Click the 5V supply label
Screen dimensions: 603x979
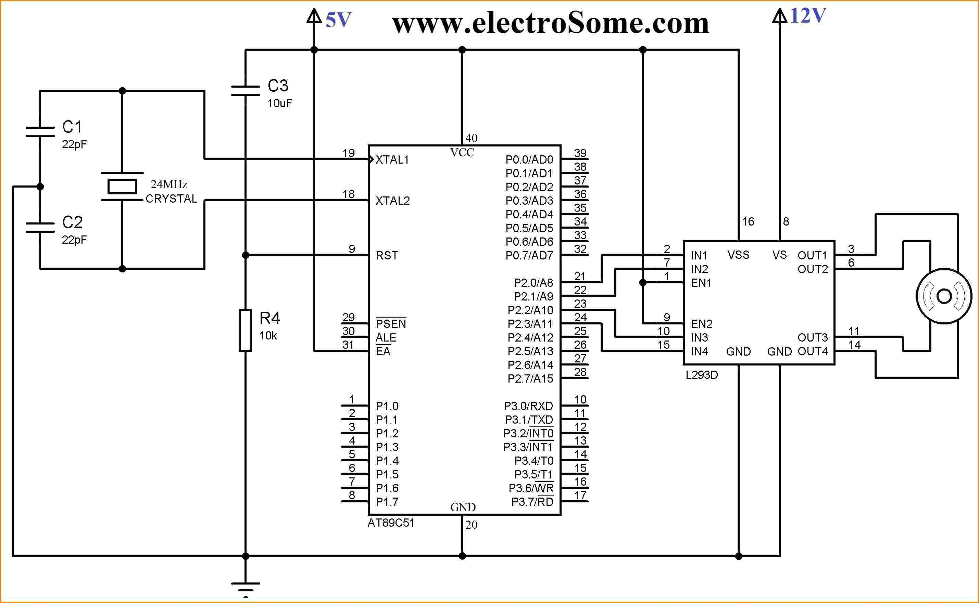[338, 20]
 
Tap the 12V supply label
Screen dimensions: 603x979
[807, 16]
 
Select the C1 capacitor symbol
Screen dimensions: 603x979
[40, 132]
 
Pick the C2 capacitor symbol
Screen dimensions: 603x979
[40, 227]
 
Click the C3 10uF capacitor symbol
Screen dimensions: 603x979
[245, 91]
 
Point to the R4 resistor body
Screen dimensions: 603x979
[245, 330]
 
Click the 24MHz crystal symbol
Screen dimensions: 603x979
[122, 186]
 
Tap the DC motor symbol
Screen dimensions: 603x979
[944, 296]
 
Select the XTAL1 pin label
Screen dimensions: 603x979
[392, 160]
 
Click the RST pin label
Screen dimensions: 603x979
[387, 256]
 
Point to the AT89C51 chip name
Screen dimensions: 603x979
[391, 523]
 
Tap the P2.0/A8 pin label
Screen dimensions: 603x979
[534, 283]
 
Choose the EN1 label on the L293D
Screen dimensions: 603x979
[701, 283]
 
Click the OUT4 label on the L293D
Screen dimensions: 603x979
[813, 351]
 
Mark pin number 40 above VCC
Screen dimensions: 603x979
[471, 138]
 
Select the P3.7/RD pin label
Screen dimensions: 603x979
[532, 502]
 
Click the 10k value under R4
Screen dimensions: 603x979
[268, 336]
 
